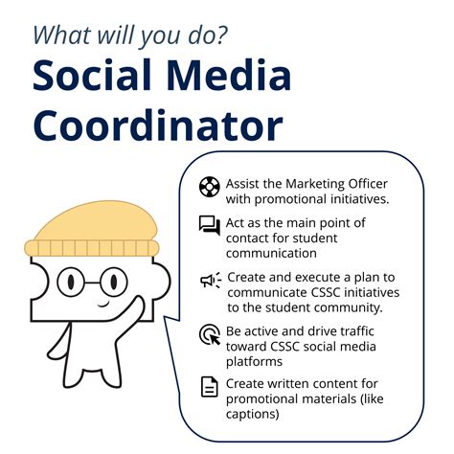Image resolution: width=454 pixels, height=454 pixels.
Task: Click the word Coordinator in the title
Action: (x=158, y=126)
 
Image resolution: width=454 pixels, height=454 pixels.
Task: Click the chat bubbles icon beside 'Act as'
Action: (x=209, y=226)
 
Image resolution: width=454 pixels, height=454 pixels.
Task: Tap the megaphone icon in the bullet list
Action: (x=209, y=280)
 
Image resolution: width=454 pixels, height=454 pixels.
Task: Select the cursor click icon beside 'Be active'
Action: (x=209, y=334)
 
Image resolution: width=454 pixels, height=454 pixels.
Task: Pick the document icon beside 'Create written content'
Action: (x=209, y=387)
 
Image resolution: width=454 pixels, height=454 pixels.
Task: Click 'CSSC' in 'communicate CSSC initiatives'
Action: (x=326, y=292)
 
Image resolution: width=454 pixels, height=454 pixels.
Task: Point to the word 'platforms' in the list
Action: (x=254, y=361)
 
